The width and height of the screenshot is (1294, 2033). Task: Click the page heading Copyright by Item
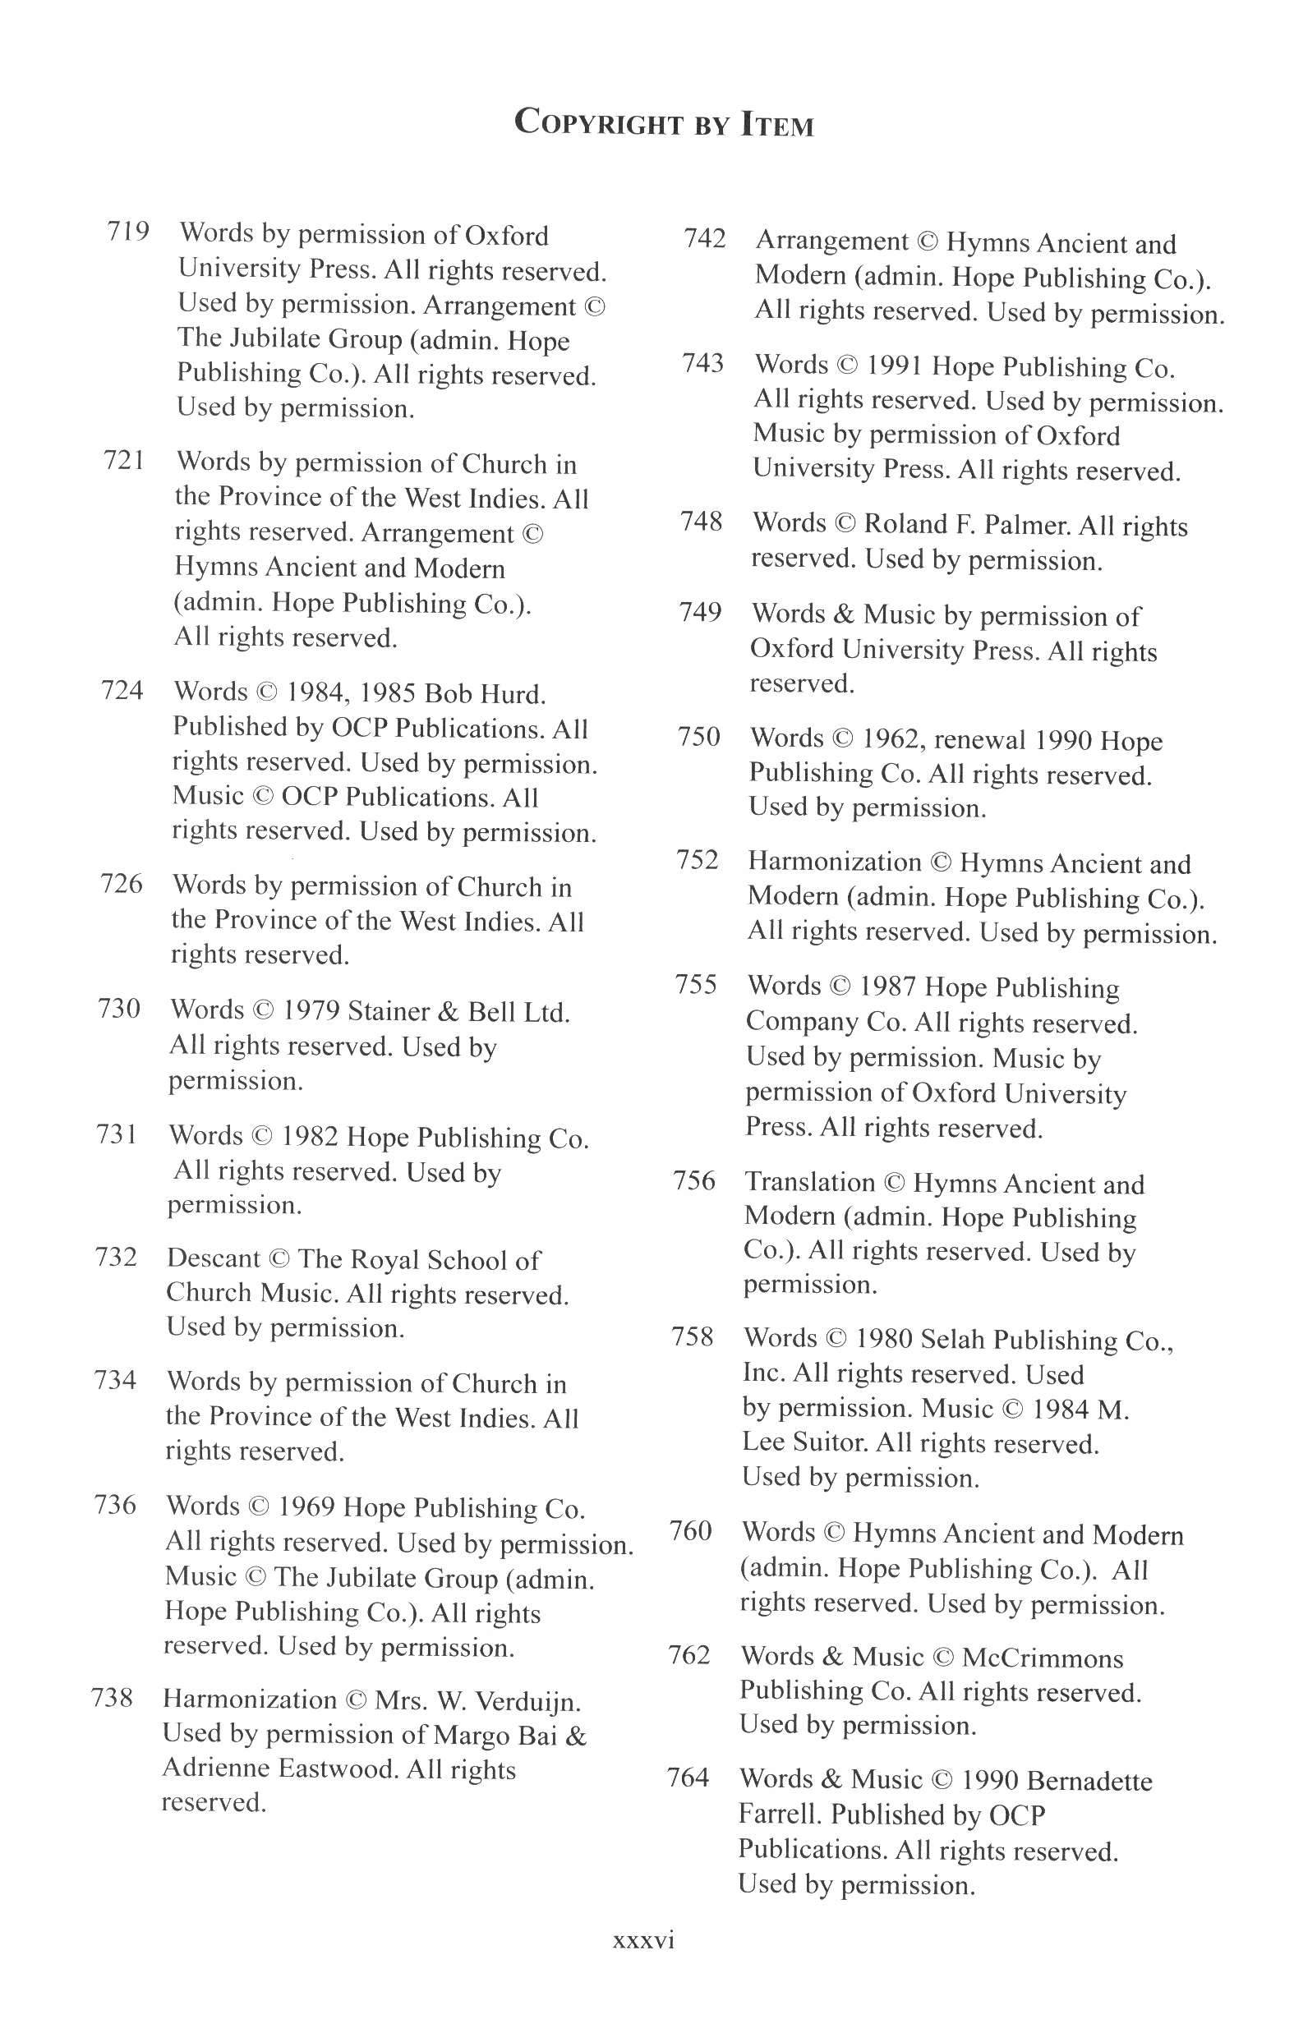coord(664,123)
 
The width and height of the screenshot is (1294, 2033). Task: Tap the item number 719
coord(127,231)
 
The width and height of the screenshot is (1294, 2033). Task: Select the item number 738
coord(113,1697)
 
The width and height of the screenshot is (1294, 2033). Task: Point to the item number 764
coord(688,1778)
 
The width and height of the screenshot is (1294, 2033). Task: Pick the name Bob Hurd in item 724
coord(485,694)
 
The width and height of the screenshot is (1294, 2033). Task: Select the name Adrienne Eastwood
coord(279,1768)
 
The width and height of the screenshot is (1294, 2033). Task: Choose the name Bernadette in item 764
coord(1089,1781)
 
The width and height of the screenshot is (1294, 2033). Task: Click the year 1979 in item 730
coord(308,1010)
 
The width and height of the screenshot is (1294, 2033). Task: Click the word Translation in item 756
coord(809,1182)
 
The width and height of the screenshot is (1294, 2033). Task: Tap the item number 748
coord(702,522)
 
